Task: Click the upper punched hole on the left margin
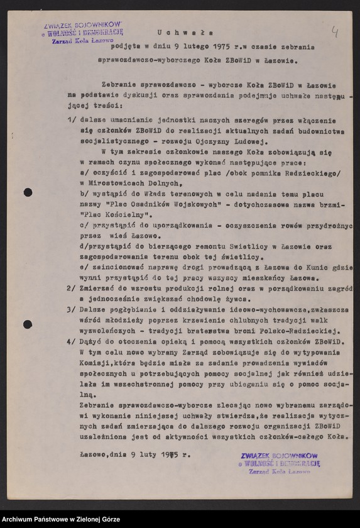(28, 192)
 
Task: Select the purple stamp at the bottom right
(280, 463)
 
